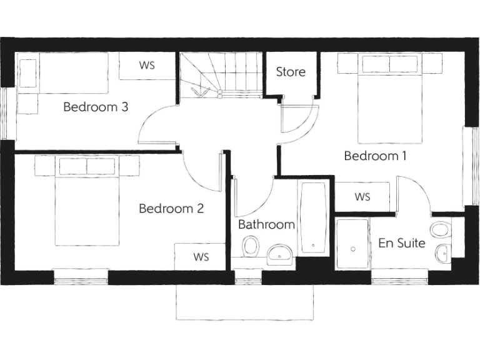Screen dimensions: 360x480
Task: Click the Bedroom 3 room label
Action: pyautogui.click(x=96, y=107)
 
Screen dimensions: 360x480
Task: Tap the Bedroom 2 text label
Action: pyautogui.click(x=171, y=209)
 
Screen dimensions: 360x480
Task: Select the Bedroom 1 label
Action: pyautogui.click(x=375, y=156)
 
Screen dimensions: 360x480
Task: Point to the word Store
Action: pyautogui.click(x=291, y=72)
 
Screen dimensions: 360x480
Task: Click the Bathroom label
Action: pyautogui.click(x=266, y=224)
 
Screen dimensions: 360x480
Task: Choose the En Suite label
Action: pyautogui.click(x=402, y=243)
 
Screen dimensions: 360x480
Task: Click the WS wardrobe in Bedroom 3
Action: pyautogui.click(x=147, y=66)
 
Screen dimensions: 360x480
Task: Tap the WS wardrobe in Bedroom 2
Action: pyautogui.click(x=201, y=257)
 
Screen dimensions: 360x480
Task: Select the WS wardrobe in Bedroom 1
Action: pyautogui.click(x=362, y=197)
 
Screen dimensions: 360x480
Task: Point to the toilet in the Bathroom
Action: pyautogui.click(x=251, y=247)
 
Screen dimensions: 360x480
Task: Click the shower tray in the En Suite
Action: pyautogui.click(x=353, y=244)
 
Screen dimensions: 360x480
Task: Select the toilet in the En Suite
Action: pyautogui.click(x=441, y=230)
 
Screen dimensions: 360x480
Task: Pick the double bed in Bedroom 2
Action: pyautogui.click(x=87, y=200)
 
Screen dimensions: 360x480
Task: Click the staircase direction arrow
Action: pyautogui.click(x=201, y=92)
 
